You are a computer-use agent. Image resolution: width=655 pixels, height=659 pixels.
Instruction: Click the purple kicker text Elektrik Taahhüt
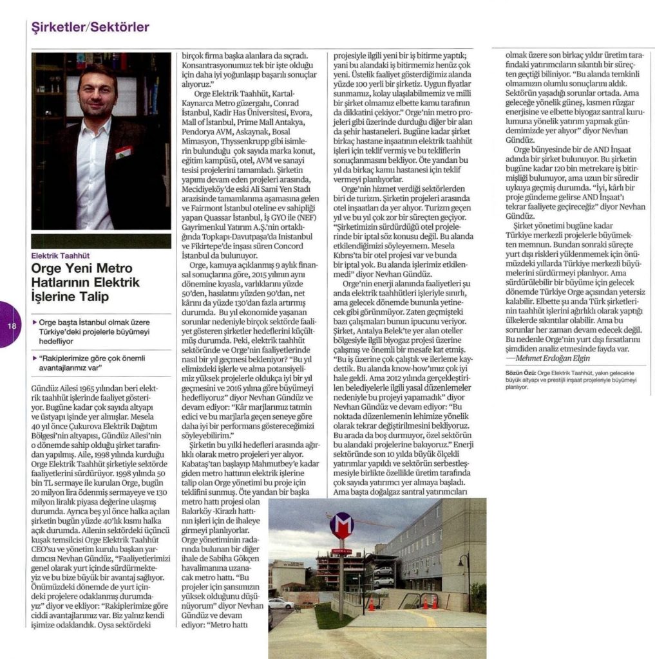[x=63, y=256]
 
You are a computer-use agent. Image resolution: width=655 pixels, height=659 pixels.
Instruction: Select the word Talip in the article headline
[x=92, y=297]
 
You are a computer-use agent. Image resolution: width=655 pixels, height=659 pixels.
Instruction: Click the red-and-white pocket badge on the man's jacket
[x=124, y=153]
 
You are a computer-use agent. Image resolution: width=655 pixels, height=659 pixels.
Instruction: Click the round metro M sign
[x=341, y=526]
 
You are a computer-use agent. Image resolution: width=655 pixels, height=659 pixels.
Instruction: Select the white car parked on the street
[x=281, y=603]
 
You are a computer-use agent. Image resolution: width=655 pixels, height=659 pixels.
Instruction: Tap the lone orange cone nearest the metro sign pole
[x=371, y=604]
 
